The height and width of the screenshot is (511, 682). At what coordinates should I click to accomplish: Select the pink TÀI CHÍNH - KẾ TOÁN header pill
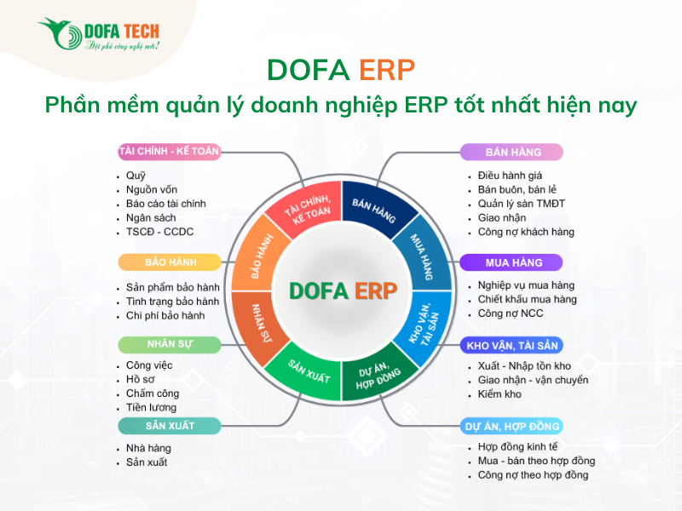coord(170,152)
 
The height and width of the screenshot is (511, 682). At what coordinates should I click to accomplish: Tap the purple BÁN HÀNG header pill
coord(512,152)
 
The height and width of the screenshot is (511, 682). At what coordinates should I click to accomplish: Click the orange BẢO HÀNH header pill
coord(170,261)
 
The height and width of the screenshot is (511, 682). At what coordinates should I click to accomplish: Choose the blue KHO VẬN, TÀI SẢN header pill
coord(512,346)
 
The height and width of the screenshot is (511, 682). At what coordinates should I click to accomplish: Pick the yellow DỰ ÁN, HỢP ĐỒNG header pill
coord(512,426)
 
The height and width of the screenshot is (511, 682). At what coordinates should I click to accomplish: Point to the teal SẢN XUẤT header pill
coord(170,426)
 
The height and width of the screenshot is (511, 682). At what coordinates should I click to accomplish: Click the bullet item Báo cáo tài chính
coord(165,204)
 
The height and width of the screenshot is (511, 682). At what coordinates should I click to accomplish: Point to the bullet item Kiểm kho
coord(500,394)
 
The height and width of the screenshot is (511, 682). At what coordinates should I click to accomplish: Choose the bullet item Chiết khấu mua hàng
coord(527,299)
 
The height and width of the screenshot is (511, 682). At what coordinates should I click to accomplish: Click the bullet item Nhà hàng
coord(148,448)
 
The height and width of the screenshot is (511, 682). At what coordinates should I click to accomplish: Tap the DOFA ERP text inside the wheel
coord(343,291)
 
